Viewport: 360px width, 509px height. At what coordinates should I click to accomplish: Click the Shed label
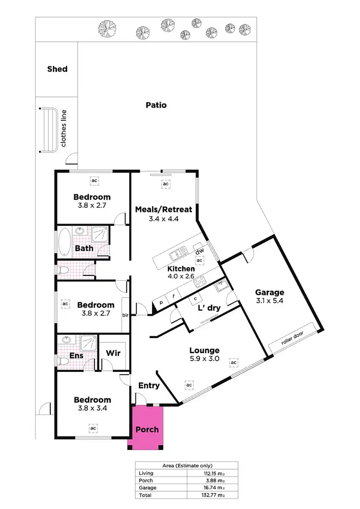coord(57,69)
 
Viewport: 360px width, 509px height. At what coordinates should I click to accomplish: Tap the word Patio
coord(156,105)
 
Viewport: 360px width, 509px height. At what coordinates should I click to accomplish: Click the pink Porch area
coord(147,428)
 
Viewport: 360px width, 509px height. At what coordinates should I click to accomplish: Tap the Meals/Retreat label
coord(163,210)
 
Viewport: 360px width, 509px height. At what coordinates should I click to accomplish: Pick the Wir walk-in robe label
coord(113,354)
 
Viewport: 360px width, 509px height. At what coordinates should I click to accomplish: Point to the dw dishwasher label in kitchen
coord(200,250)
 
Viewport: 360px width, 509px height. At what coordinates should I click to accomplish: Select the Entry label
coord(149,386)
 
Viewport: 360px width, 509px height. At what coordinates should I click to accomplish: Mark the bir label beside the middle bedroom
coord(125,315)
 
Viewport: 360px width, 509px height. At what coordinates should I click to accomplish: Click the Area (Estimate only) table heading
coord(186,465)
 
